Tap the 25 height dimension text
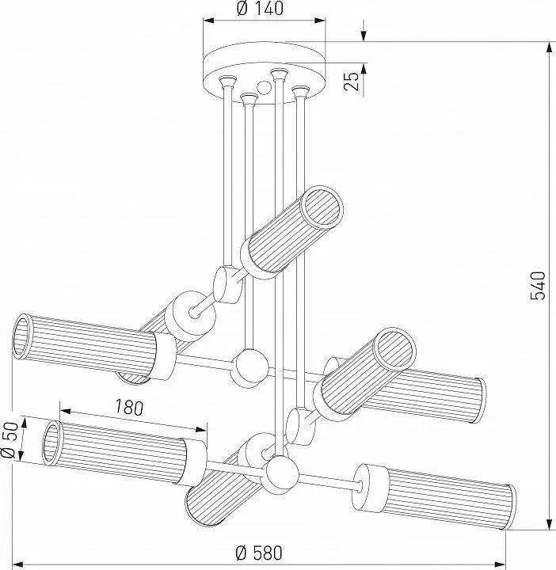click(x=354, y=79)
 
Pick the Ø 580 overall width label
click(x=260, y=552)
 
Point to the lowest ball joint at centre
click(x=282, y=475)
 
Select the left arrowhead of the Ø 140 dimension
click(x=208, y=23)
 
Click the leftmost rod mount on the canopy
click(x=228, y=80)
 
